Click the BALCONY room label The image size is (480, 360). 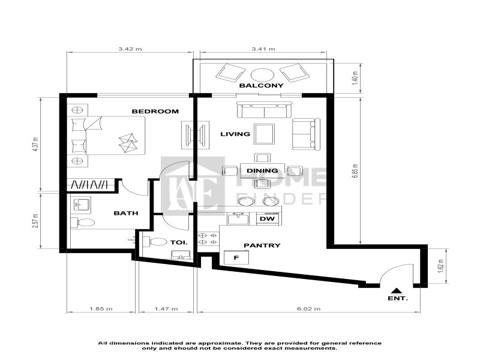(261, 86)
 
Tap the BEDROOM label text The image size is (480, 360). (155, 111)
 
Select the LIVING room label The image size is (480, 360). (235, 134)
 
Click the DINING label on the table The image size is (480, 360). (262, 170)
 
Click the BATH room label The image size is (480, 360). (126, 212)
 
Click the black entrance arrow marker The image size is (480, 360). (397, 287)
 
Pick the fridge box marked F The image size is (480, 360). (236, 257)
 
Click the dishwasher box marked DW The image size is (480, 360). (267, 219)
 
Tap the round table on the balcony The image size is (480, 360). (262, 74)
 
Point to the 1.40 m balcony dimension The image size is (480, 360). (355, 77)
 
